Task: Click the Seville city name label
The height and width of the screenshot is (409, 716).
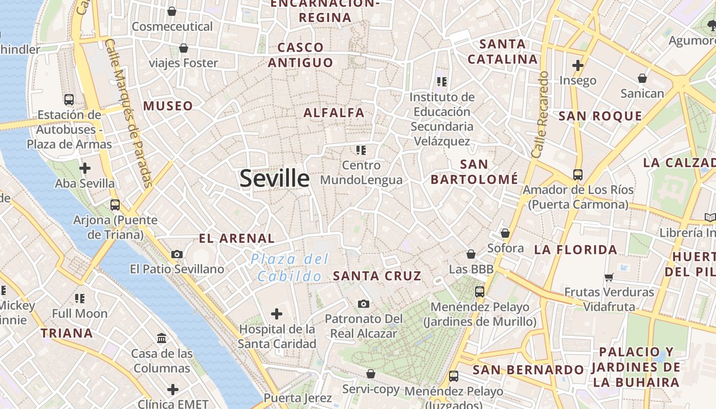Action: tap(275, 178)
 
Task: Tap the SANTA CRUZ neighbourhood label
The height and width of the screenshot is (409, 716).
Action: tap(377, 276)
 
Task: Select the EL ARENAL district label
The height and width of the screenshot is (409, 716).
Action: tap(237, 238)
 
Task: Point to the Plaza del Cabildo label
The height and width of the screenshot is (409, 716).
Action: tap(290, 268)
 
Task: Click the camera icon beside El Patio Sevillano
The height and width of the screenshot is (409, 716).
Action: tap(177, 254)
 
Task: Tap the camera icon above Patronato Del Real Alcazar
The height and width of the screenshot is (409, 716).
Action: tap(364, 304)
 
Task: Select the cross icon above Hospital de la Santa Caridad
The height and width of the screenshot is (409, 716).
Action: tap(277, 313)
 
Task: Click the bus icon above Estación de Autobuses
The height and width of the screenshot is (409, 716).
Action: tap(69, 100)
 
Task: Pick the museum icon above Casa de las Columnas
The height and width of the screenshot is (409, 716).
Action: tap(162, 338)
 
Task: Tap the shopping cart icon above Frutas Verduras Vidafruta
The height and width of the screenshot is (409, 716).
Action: tap(609, 277)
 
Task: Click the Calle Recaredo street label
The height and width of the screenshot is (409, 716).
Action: tap(541, 115)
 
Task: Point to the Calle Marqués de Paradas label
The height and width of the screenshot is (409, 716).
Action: tap(128, 113)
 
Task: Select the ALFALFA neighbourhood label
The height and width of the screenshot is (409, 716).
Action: tap(334, 113)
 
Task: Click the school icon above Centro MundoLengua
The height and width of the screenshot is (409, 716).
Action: tap(362, 150)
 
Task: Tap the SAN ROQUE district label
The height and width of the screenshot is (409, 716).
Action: tap(600, 116)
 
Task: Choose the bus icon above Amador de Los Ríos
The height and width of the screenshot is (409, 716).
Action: tap(578, 175)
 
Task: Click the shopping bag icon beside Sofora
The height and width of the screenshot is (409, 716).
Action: tap(505, 233)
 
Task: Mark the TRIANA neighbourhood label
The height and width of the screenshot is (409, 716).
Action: tap(67, 333)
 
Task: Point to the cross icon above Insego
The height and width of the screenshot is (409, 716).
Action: tap(578, 65)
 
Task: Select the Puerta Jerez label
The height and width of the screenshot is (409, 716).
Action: tap(298, 398)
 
